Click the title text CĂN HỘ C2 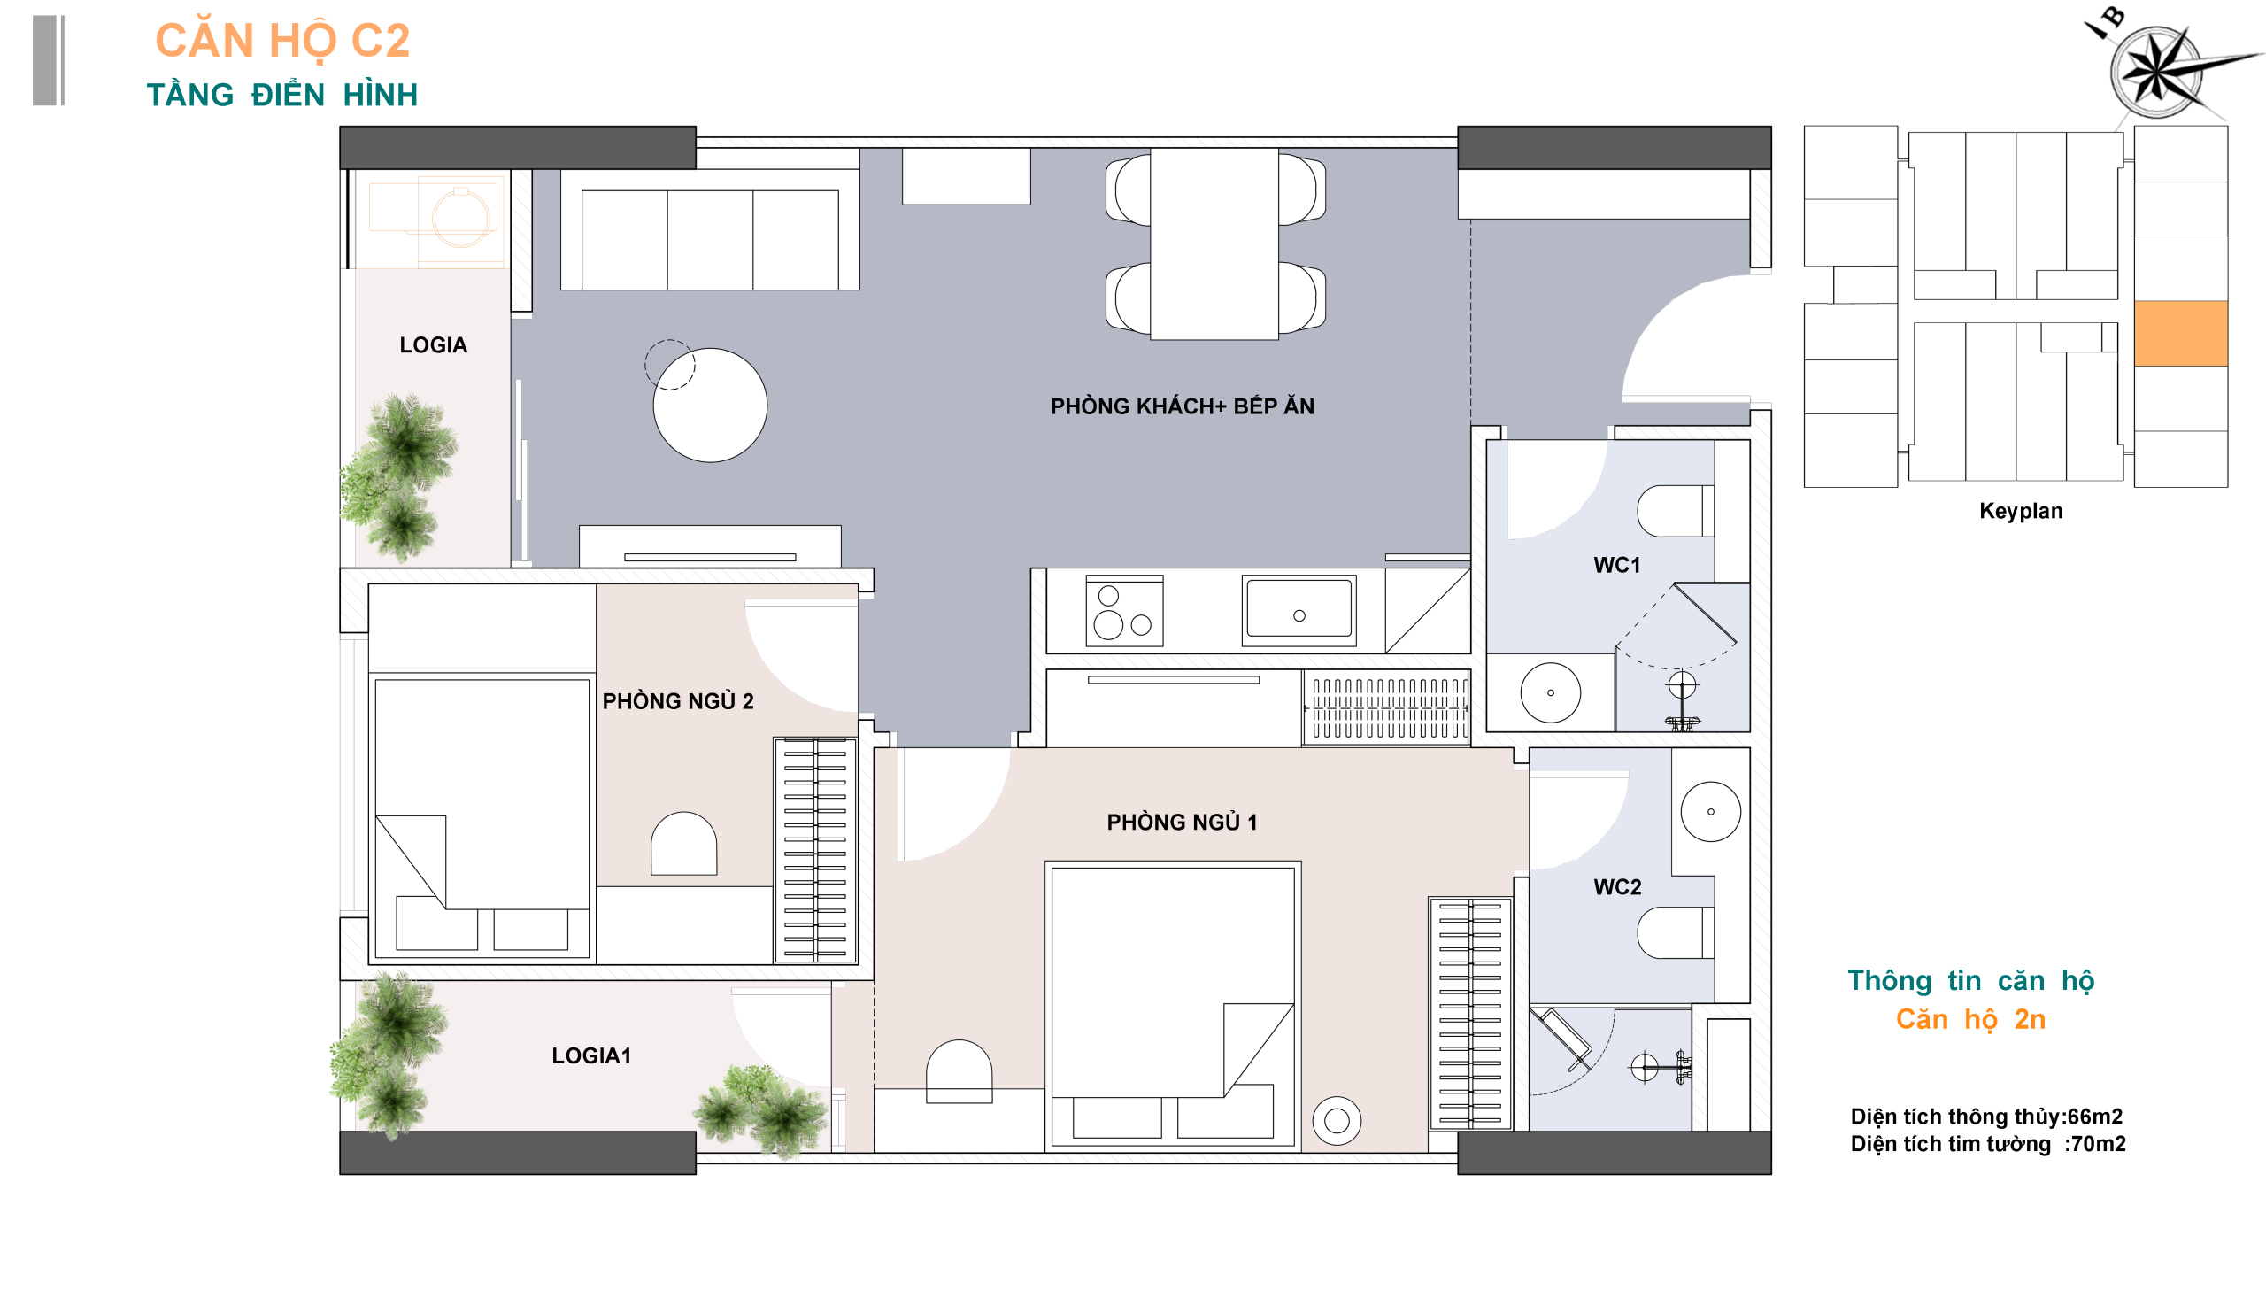click(x=282, y=42)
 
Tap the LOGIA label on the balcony click(x=433, y=345)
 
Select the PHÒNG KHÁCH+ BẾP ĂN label click(x=1182, y=406)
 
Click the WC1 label click(x=1616, y=565)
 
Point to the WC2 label click(x=1617, y=887)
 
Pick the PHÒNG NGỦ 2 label click(x=677, y=700)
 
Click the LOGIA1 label click(x=591, y=1055)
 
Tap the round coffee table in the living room click(x=709, y=406)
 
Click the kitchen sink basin click(x=1299, y=610)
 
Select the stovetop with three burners click(x=1123, y=611)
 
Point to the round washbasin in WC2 click(x=1710, y=812)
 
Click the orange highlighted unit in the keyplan click(x=2180, y=334)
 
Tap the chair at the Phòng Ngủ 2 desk click(x=683, y=843)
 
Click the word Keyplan click(x=2020, y=511)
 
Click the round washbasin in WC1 click(x=1550, y=692)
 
